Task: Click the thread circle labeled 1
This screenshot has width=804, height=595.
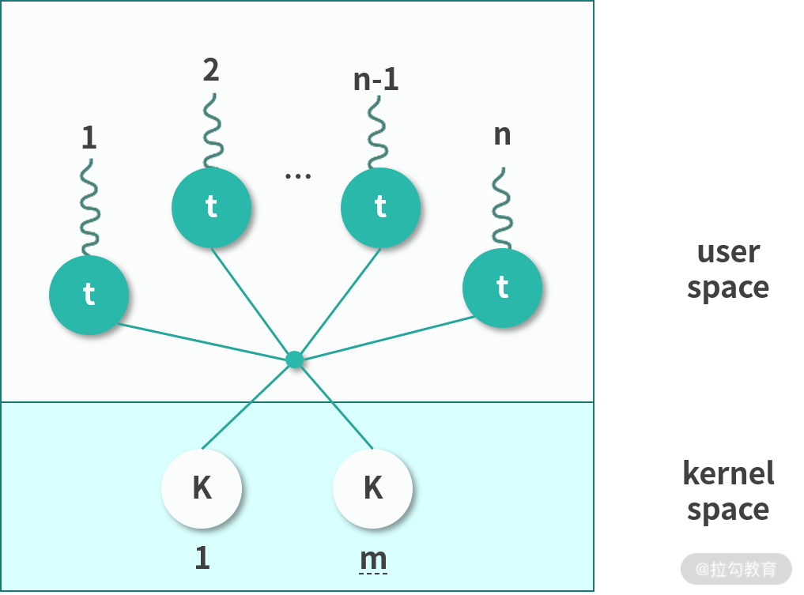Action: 89,295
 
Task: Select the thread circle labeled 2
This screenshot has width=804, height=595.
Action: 211,207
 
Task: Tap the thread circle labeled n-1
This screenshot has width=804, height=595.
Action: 380,207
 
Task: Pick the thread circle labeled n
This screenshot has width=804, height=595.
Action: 502,288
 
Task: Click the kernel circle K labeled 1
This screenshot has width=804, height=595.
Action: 202,488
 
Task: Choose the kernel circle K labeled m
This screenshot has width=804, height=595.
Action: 373,488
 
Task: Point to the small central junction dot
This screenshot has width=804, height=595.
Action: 295,360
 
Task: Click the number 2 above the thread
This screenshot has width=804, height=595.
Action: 210,71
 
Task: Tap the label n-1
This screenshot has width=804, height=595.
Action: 376,80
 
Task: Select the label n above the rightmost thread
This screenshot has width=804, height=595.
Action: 502,134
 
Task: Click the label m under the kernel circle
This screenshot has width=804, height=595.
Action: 373,559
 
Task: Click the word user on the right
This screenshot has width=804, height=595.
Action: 728,253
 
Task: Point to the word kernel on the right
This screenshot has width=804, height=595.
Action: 728,473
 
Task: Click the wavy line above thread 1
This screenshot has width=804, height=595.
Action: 89,207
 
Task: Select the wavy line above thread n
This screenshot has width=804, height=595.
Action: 501,207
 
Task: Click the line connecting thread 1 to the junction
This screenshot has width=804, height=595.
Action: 206,342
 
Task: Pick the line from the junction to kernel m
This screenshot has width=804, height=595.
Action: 336,405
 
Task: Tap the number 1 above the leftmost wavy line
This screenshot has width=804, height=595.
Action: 89,139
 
